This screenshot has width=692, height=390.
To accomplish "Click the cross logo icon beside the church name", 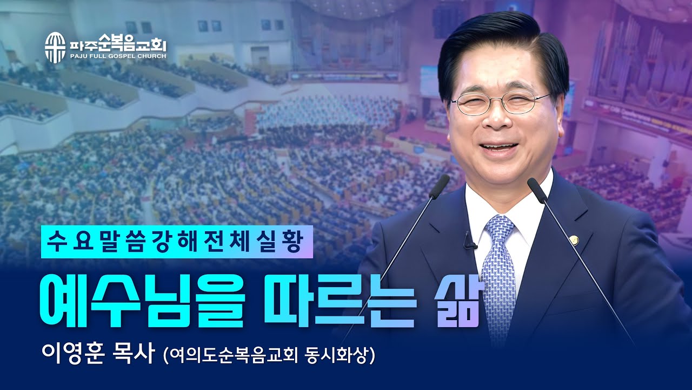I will (x=54, y=47).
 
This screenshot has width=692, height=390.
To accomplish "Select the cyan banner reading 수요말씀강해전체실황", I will (x=177, y=241).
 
